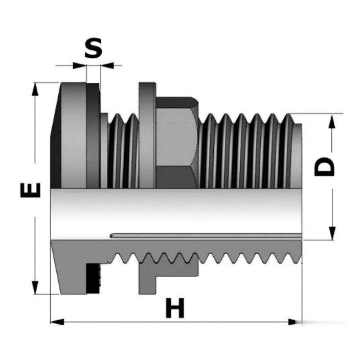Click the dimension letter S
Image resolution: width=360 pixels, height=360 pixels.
tap(93, 48)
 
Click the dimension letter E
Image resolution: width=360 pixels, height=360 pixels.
tap(30, 190)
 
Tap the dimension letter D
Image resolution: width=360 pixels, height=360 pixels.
tap(324, 167)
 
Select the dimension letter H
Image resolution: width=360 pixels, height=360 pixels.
tap(175, 308)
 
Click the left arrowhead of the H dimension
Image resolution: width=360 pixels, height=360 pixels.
tap(57, 322)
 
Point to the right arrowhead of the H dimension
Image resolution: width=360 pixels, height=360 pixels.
tap(296, 322)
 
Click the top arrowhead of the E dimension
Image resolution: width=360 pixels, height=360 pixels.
tap(35, 89)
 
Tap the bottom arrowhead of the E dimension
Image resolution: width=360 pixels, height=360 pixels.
tap(35, 288)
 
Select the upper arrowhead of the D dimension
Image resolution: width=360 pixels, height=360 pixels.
tap(332, 122)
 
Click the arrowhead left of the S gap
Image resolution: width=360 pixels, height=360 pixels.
tap(79, 65)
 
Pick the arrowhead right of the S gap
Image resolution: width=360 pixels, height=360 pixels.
tap(107, 65)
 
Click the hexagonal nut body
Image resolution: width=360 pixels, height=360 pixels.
tap(177, 142)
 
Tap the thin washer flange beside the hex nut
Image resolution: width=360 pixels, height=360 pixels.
tap(147, 136)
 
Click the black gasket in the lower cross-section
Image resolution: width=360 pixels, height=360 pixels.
tap(93, 279)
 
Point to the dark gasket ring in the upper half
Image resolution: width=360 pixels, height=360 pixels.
tap(93, 136)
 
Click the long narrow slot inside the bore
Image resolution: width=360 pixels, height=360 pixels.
tap(206, 236)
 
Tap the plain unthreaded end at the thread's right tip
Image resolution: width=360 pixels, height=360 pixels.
tap(297, 156)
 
